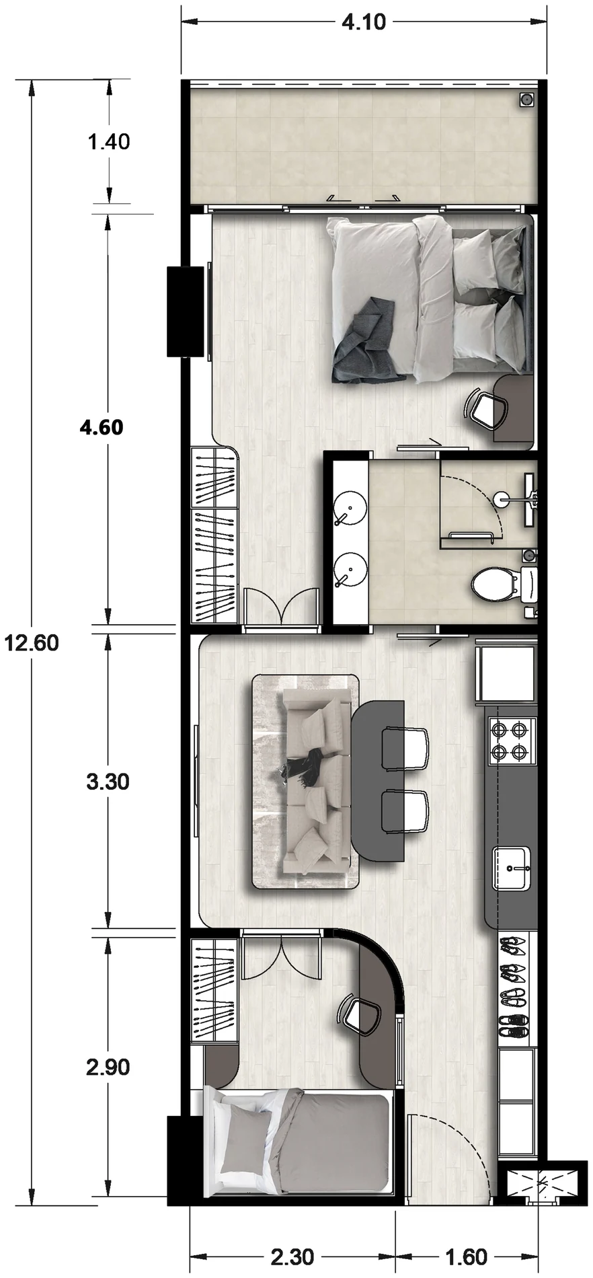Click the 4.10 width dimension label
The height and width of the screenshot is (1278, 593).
tap(364, 22)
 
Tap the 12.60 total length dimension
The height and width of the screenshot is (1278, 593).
tap(32, 643)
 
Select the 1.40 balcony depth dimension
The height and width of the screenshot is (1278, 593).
tap(108, 142)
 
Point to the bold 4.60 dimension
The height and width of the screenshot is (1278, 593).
tap(102, 427)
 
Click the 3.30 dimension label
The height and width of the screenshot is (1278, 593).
tap(108, 782)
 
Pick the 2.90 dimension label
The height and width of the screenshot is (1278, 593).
tap(108, 1067)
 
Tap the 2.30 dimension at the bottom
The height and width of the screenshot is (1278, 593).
tap(292, 1256)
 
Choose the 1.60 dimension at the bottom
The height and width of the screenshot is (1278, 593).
tap(466, 1256)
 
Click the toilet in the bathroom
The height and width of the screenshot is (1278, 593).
tap(504, 584)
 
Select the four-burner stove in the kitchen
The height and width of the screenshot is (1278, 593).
tap(512, 741)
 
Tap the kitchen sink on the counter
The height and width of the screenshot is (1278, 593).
tap(511, 868)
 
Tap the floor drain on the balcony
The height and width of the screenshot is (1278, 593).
tap(526, 100)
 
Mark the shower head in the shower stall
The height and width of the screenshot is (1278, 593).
tap(501, 498)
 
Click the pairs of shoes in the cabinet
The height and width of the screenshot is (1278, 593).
tap(514, 987)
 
